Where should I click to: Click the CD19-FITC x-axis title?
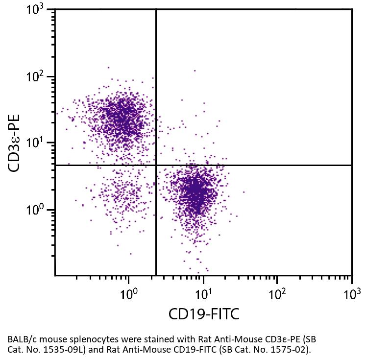pyautogui.click(x=204, y=314)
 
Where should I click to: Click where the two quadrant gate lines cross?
pyautogui.click(x=156, y=165)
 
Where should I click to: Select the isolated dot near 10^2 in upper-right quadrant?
pyautogui.click(x=195, y=71)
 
